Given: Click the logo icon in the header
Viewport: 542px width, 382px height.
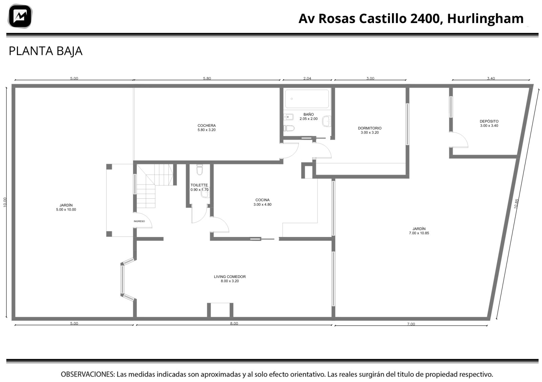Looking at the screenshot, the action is (20, 16).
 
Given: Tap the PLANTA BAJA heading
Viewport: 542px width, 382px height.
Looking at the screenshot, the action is (45, 51).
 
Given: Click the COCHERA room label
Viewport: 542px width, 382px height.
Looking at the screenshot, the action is (206, 127).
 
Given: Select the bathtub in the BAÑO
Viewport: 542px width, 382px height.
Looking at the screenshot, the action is (307, 99).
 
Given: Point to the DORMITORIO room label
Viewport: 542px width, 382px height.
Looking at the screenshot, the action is (370, 130).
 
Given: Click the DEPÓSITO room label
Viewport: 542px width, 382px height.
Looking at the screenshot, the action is (489, 123).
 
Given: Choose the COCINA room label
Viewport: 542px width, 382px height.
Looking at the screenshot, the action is (262, 202).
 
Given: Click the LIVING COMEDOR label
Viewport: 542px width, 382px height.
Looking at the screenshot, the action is (230, 279).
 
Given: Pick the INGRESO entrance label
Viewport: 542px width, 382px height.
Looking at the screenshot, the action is (139, 221).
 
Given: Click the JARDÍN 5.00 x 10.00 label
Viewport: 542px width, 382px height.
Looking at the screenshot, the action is (66, 207).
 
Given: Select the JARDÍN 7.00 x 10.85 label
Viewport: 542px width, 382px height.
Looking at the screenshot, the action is (419, 231).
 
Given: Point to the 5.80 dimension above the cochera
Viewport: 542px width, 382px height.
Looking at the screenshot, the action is (207, 78).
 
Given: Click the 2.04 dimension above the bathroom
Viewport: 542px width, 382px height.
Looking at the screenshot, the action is (307, 78).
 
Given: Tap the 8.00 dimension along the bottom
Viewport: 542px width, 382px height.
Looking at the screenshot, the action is (234, 323).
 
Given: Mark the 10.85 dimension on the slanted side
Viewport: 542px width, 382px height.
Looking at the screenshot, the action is (516, 204).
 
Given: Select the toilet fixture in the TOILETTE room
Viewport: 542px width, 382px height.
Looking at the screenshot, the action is (200, 169).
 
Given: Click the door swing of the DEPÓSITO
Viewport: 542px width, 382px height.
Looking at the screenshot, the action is (460, 140).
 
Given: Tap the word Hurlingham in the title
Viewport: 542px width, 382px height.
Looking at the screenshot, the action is (485, 18).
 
